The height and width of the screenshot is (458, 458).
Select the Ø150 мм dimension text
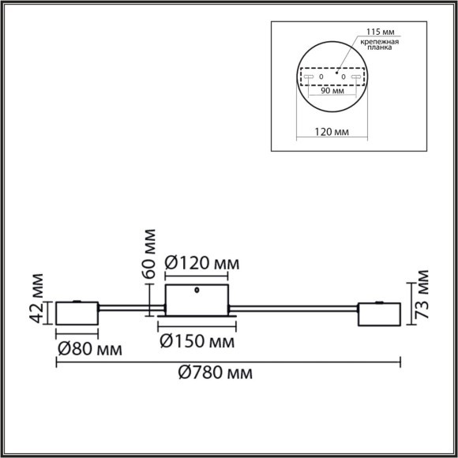(197, 341)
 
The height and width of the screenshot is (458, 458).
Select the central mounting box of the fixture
(197, 301)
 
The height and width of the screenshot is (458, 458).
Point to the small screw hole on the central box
(197, 291)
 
